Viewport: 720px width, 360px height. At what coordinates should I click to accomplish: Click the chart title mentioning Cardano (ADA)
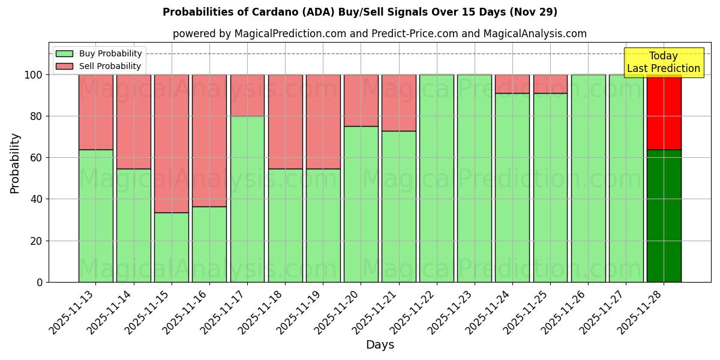(x=360, y=12)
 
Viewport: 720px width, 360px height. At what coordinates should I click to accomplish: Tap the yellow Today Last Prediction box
(x=664, y=62)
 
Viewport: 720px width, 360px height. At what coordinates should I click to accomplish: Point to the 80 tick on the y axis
(x=37, y=116)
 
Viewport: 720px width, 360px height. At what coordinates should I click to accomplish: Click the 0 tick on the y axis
(x=40, y=282)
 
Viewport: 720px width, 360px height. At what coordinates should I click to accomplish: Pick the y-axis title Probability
(x=15, y=163)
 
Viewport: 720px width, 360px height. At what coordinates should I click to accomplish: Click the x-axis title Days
(x=380, y=345)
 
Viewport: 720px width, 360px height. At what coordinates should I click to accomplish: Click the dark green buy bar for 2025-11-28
(x=664, y=216)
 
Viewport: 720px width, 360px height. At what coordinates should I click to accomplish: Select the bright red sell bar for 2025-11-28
(x=664, y=112)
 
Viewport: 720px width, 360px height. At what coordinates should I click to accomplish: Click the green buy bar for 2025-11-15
(x=172, y=247)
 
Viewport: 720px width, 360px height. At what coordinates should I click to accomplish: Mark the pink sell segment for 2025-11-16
(x=209, y=140)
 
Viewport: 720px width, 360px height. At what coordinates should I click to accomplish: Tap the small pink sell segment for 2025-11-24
(x=512, y=84)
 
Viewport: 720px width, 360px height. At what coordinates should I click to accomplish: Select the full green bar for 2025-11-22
(x=437, y=178)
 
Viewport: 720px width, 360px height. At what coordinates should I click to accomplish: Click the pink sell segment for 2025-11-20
(x=361, y=100)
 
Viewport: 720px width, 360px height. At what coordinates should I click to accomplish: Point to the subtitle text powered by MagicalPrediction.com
(x=380, y=34)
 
